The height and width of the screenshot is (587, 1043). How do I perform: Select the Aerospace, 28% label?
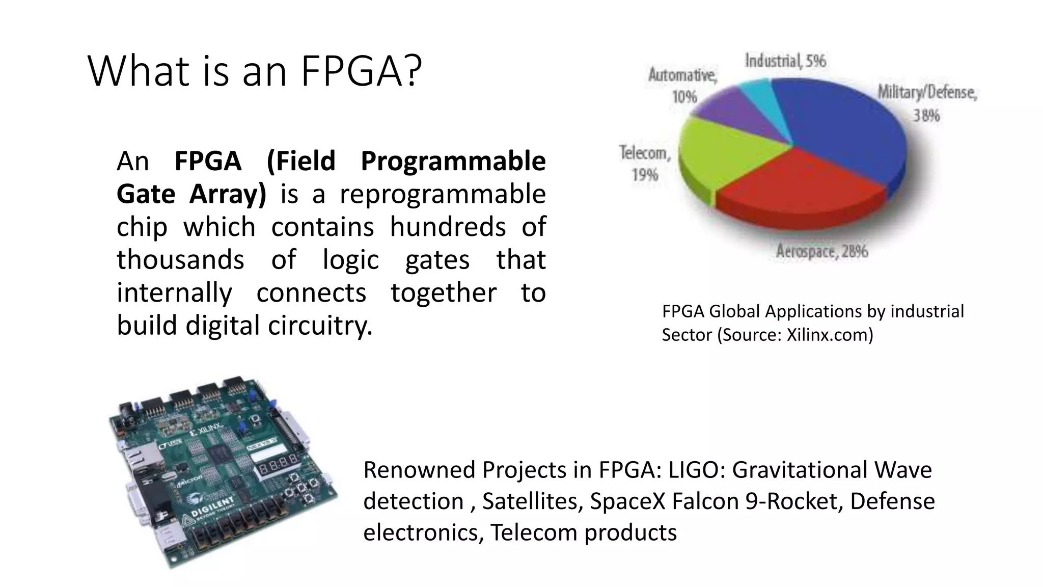tap(821, 251)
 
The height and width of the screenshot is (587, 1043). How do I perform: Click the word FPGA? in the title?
tap(361, 71)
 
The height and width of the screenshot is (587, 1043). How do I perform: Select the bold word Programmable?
tap(453, 161)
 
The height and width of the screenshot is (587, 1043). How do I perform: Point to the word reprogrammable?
tap(443, 194)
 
